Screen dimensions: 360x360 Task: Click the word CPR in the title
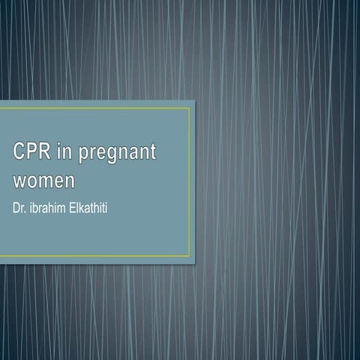(31, 152)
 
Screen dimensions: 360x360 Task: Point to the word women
(44, 181)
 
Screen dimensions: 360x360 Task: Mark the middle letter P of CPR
(31, 152)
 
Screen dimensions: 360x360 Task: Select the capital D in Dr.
(16, 204)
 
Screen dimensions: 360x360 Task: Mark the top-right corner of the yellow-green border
(190, 108)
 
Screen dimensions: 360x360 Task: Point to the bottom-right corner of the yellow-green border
(190, 256)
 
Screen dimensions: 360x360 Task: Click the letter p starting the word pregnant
(82, 155)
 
